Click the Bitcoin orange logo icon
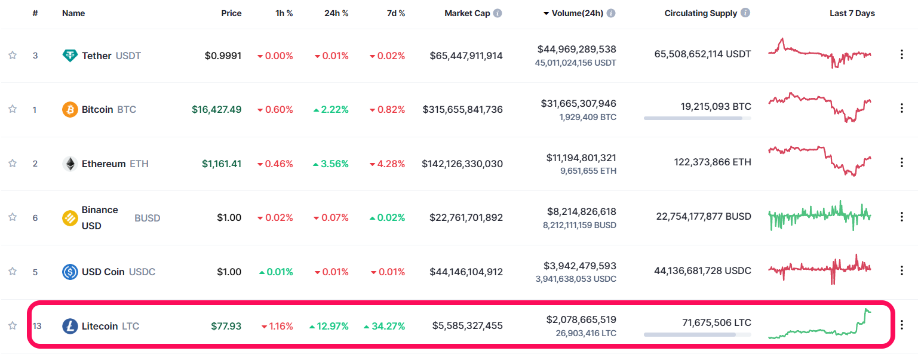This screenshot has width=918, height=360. (70, 109)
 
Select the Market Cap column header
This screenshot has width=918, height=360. (467, 13)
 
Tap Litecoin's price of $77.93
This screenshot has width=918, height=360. (226, 326)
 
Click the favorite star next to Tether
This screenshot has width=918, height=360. (13, 56)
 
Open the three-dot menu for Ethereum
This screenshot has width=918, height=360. (901, 162)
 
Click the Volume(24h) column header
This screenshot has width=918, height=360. (578, 13)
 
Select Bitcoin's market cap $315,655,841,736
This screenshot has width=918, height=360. (462, 110)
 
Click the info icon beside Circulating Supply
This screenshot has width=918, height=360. (745, 13)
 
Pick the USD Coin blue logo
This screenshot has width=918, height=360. (70, 272)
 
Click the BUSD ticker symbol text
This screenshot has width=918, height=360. (147, 218)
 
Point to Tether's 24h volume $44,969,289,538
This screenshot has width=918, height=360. (576, 49)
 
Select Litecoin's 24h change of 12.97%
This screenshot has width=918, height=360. (329, 326)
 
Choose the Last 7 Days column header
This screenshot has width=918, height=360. (852, 13)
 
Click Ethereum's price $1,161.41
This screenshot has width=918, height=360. (221, 164)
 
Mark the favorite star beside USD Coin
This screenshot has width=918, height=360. (13, 272)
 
